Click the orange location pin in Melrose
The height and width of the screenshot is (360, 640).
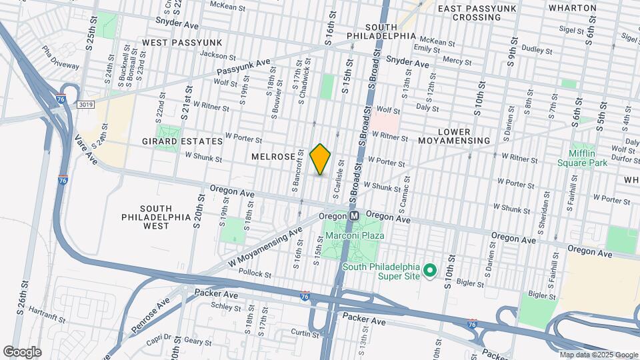pos(321,159)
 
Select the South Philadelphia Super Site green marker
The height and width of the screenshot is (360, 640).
pos(430,271)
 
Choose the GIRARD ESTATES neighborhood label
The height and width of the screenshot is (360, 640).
pos(182,141)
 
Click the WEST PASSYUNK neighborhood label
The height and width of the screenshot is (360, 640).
pos(172,42)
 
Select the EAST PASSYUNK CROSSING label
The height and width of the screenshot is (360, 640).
pos(477,13)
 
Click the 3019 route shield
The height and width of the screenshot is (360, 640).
pos(85,105)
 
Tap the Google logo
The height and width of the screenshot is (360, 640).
pos(22,351)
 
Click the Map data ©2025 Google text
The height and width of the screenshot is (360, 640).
pos(599,355)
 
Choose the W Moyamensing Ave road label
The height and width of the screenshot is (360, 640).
pos(263,245)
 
